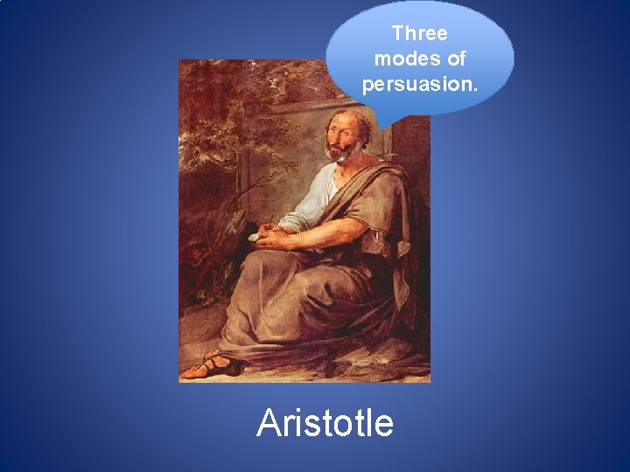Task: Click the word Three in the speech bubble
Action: (419, 34)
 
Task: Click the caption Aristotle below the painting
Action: (325, 423)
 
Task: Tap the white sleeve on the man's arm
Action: (316, 200)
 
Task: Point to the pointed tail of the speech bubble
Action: (382, 121)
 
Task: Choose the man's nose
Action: (332, 139)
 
